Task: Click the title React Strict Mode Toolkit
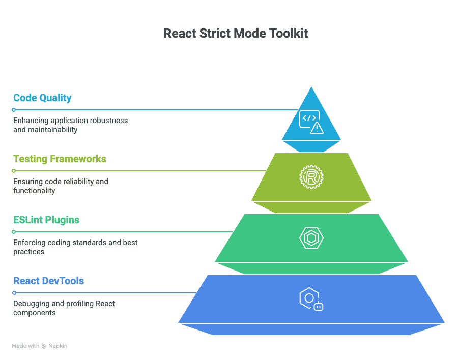pyautogui.click(x=236, y=33)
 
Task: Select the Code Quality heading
pyautogui.click(x=42, y=98)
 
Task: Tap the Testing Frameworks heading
pyautogui.click(x=60, y=159)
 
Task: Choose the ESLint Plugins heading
pyautogui.click(x=46, y=220)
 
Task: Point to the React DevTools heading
pyautogui.click(x=48, y=281)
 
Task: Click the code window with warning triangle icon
pyautogui.click(x=311, y=122)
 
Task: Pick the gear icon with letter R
pyautogui.click(x=311, y=177)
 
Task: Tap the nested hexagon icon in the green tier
pyautogui.click(x=311, y=238)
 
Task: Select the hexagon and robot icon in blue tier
pyautogui.click(x=311, y=299)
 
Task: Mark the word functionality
pyautogui.click(x=34, y=191)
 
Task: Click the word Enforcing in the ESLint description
pyautogui.click(x=29, y=243)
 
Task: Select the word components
pyautogui.click(x=35, y=313)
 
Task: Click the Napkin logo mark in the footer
pyautogui.click(x=44, y=346)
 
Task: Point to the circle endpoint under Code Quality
pyautogui.click(x=14, y=110)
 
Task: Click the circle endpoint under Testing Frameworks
pyautogui.click(x=14, y=171)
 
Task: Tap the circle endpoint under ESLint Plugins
pyautogui.click(x=14, y=232)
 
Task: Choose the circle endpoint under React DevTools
pyautogui.click(x=14, y=293)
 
